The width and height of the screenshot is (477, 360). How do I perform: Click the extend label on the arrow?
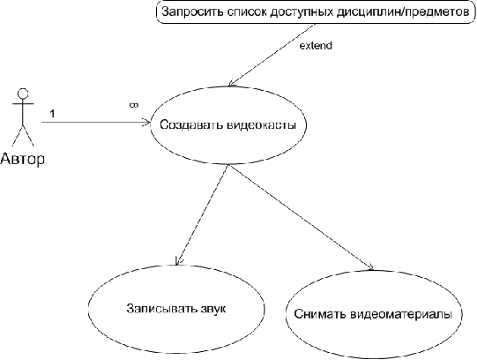(x=316, y=46)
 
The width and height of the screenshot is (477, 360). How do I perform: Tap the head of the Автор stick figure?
(x=23, y=94)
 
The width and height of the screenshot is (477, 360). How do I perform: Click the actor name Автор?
(x=23, y=159)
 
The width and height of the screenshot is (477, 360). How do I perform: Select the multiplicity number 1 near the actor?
(x=52, y=114)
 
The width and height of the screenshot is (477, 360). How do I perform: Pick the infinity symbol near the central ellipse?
(x=134, y=105)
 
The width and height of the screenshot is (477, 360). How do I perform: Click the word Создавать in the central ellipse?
(x=191, y=124)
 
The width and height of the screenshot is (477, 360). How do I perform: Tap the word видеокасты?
(x=262, y=125)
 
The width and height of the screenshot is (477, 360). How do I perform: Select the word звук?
(x=213, y=309)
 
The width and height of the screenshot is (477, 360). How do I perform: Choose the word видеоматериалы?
(x=401, y=314)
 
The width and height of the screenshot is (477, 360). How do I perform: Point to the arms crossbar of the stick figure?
(x=23, y=103)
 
